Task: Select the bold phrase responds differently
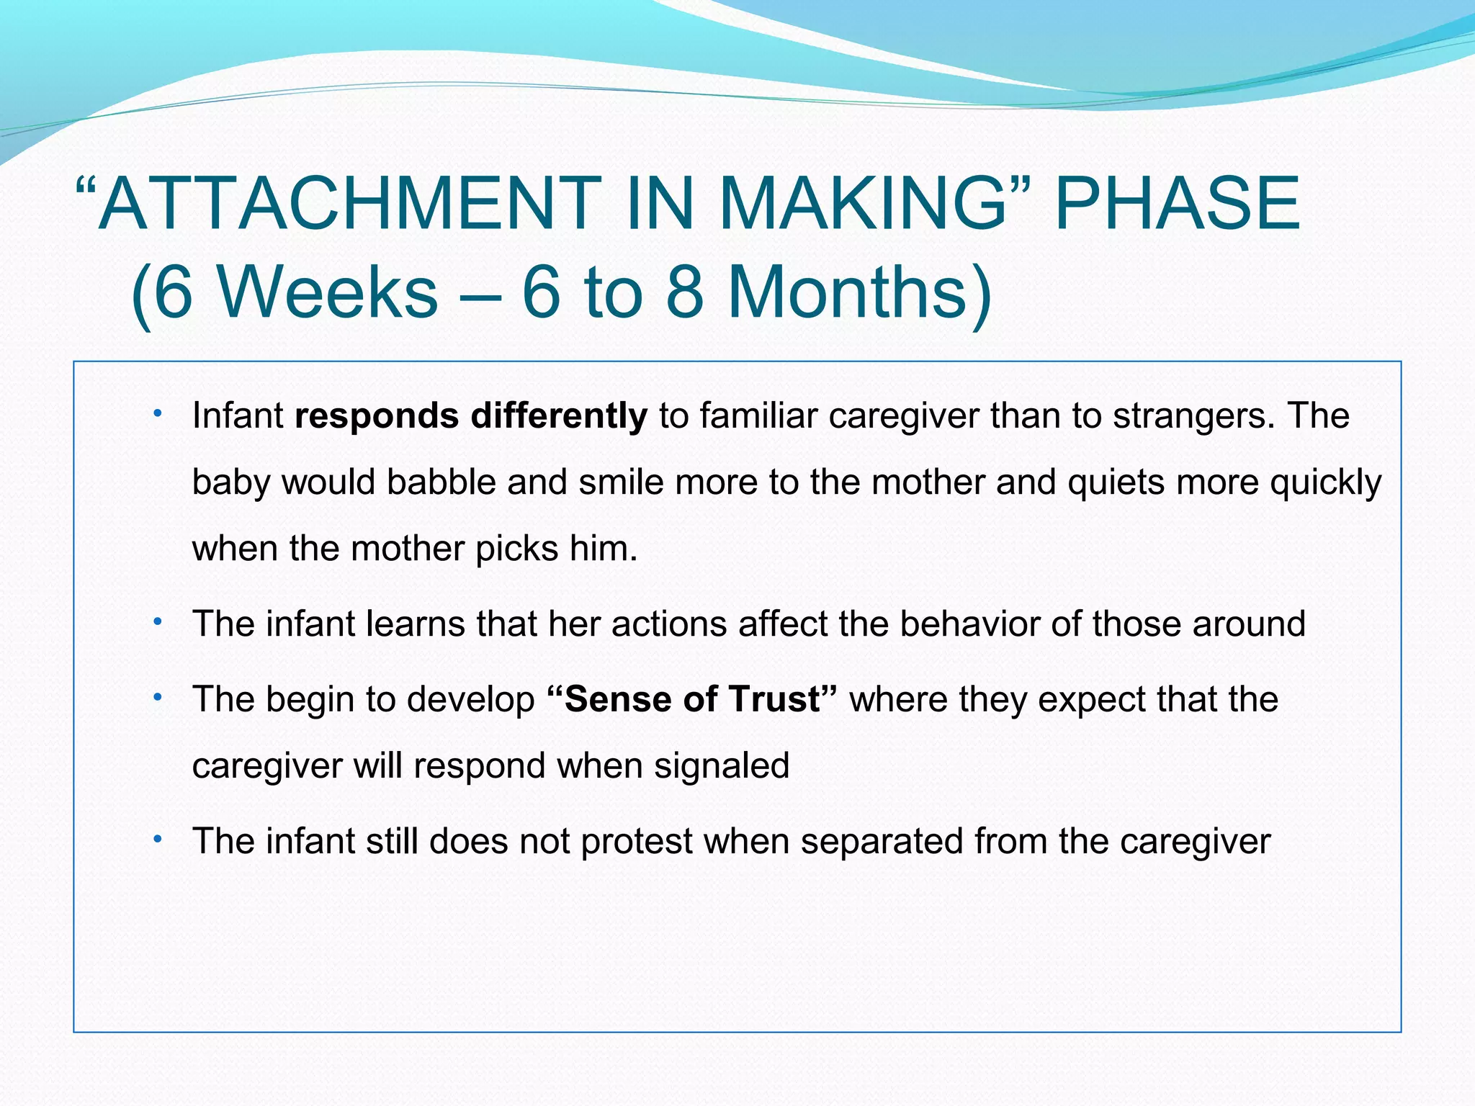pyautogui.click(x=471, y=416)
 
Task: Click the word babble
pyautogui.click(x=441, y=482)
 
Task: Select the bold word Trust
pyautogui.click(x=774, y=699)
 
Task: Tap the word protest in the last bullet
pyautogui.click(x=636, y=841)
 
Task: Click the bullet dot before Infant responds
pyautogui.click(x=157, y=414)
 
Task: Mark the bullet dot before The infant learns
pyautogui.click(x=157, y=621)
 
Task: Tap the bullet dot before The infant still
pyautogui.click(x=157, y=839)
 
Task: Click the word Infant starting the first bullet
pyautogui.click(x=238, y=416)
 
